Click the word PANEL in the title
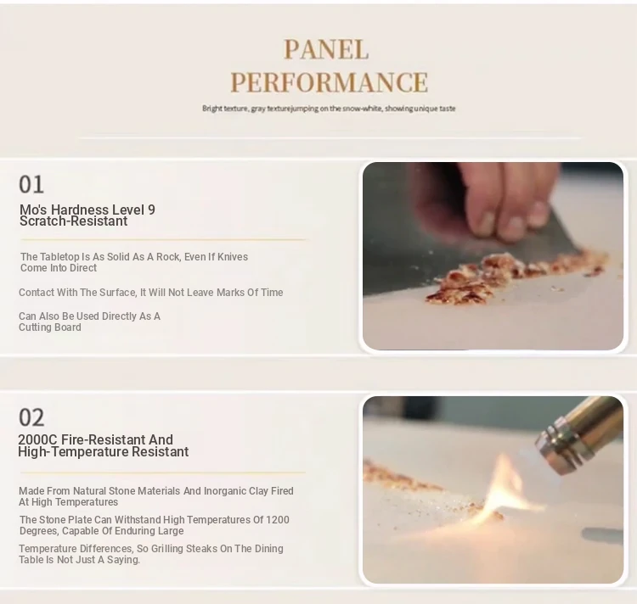coord(326,49)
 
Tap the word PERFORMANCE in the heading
coord(329,82)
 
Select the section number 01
coord(31,185)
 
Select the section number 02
coord(31,417)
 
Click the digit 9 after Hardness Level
coord(151,210)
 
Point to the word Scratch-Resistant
coord(74,221)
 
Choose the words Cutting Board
coord(50,327)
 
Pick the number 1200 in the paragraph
coord(278,520)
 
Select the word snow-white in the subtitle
coord(363,109)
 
